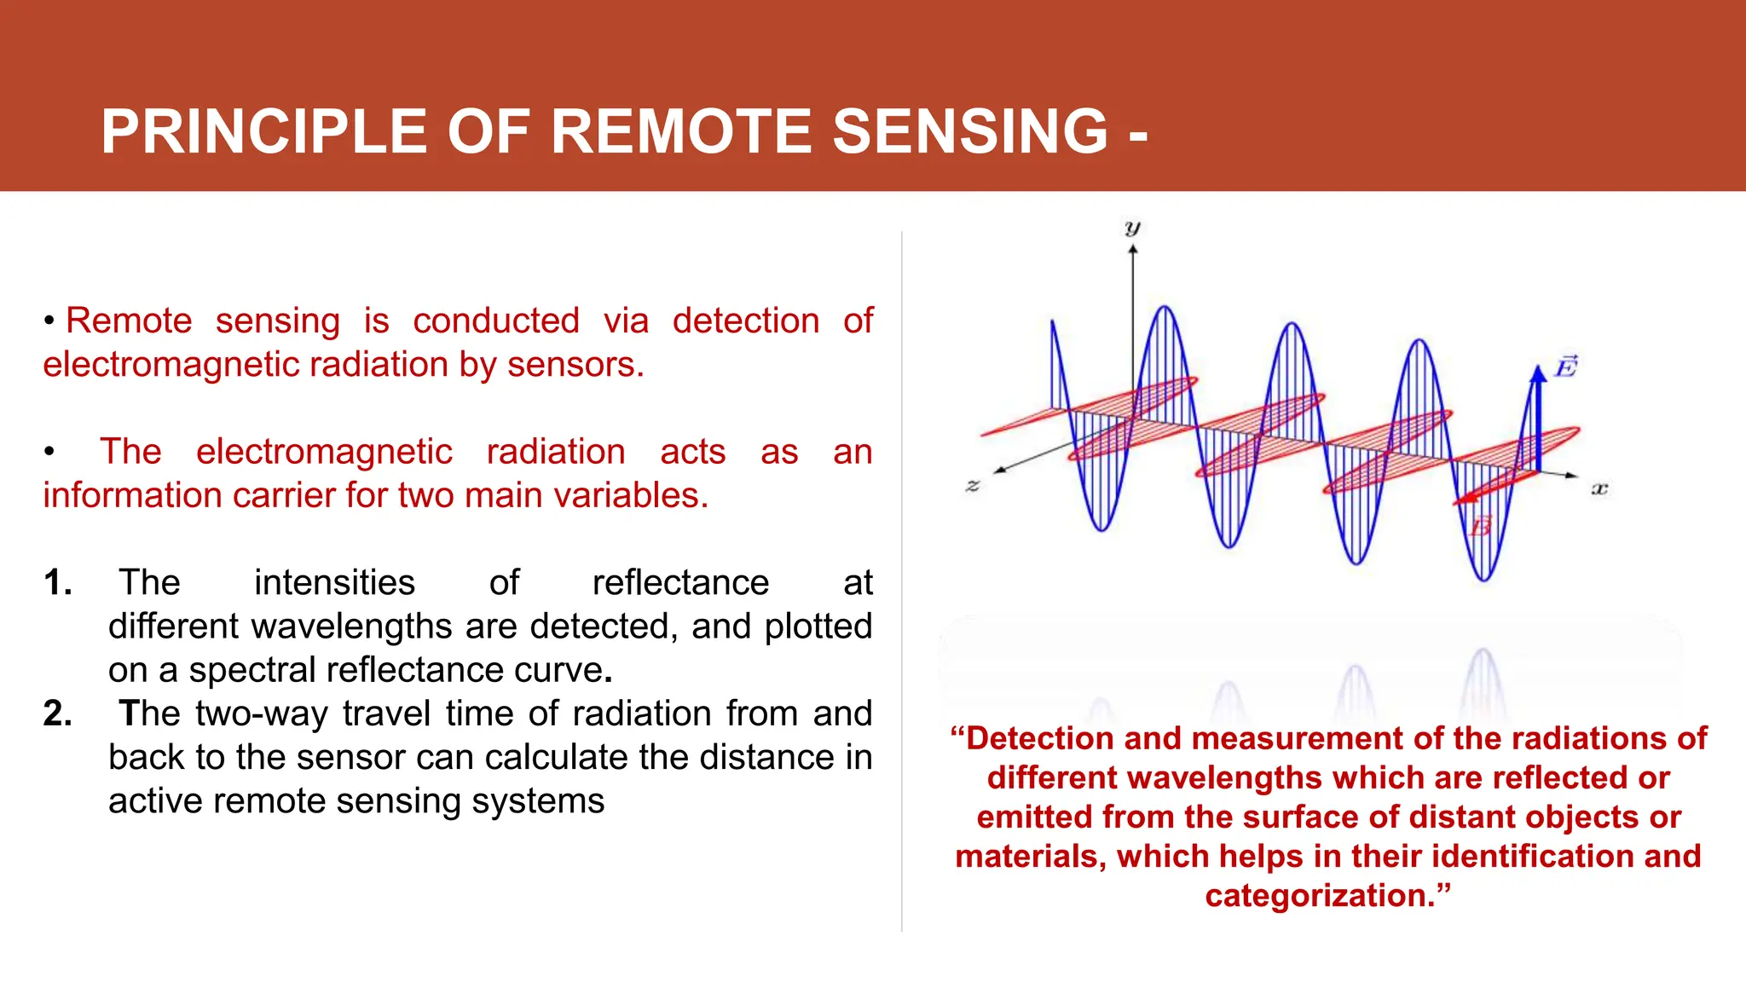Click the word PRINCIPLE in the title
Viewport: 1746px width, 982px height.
pyautogui.click(x=264, y=132)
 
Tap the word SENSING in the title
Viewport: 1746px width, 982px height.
pyautogui.click(x=969, y=132)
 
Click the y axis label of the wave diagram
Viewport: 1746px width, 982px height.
pyautogui.click(x=1132, y=228)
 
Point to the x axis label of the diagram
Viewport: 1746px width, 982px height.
pyautogui.click(x=1599, y=488)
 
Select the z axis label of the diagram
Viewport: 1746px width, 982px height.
pyautogui.click(x=973, y=486)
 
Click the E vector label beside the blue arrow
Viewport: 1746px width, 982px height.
pyautogui.click(x=1566, y=367)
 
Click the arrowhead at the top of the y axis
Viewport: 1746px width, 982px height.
pyautogui.click(x=1133, y=249)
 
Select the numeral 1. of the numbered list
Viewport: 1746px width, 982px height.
pyautogui.click(x=58, y=583)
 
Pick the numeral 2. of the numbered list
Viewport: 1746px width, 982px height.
pyautogui.click(x=58, y=713)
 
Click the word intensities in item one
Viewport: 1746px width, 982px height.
pyautogui.click(x=334, y=583)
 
